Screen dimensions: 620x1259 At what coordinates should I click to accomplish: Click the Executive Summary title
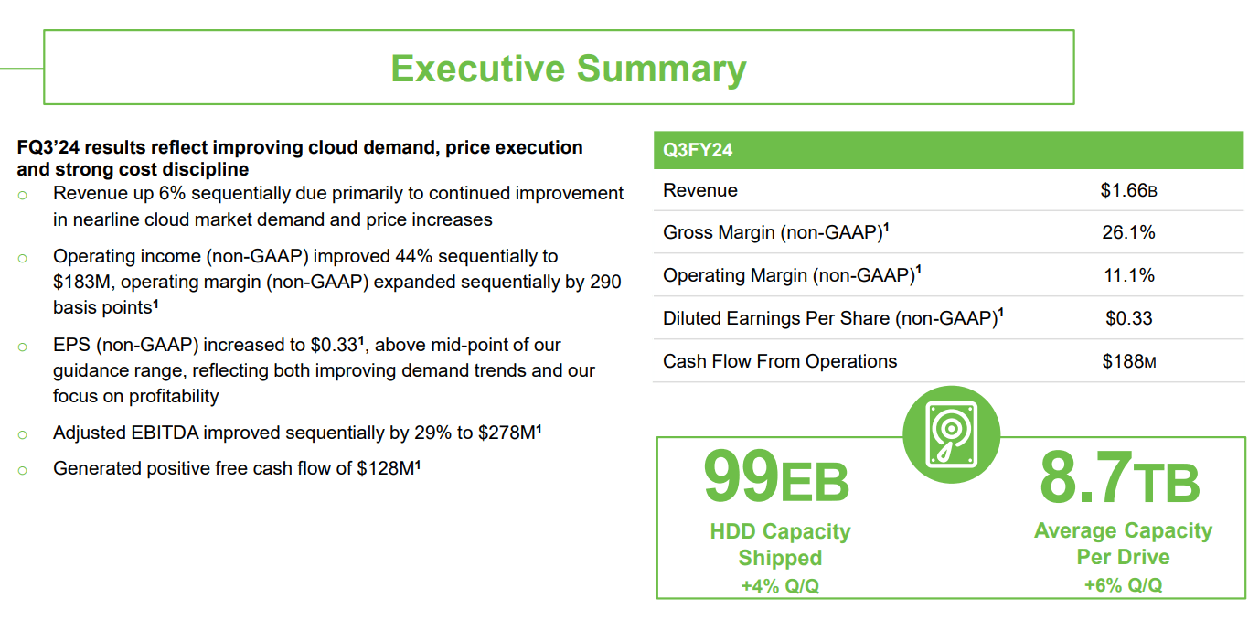[568, 69]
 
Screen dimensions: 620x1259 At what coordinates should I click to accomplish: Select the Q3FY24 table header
[698, 150]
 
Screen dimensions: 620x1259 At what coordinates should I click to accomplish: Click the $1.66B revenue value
[1128, 190]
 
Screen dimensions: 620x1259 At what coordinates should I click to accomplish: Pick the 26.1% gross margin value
[1128, 232]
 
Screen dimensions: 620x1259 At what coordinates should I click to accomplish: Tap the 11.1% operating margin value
[1128, 275]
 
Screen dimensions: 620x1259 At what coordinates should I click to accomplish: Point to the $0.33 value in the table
[1128, 318]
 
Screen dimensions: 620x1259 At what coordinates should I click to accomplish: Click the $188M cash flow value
[1128, 361]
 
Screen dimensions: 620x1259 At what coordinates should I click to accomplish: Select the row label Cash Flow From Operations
[780, 361]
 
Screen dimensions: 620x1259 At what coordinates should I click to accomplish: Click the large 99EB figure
[775, 477]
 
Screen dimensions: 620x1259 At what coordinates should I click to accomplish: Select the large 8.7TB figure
[1119, 477]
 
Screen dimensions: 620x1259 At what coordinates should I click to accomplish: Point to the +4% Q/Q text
[780, 586]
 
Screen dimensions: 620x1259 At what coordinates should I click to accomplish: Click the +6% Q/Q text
[1123, 585]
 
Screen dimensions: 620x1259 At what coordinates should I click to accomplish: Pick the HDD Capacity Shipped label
[780, 544]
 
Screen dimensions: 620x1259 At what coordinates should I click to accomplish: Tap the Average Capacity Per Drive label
[1123, 543]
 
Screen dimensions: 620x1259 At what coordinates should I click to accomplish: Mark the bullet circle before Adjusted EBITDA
[22, 434]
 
